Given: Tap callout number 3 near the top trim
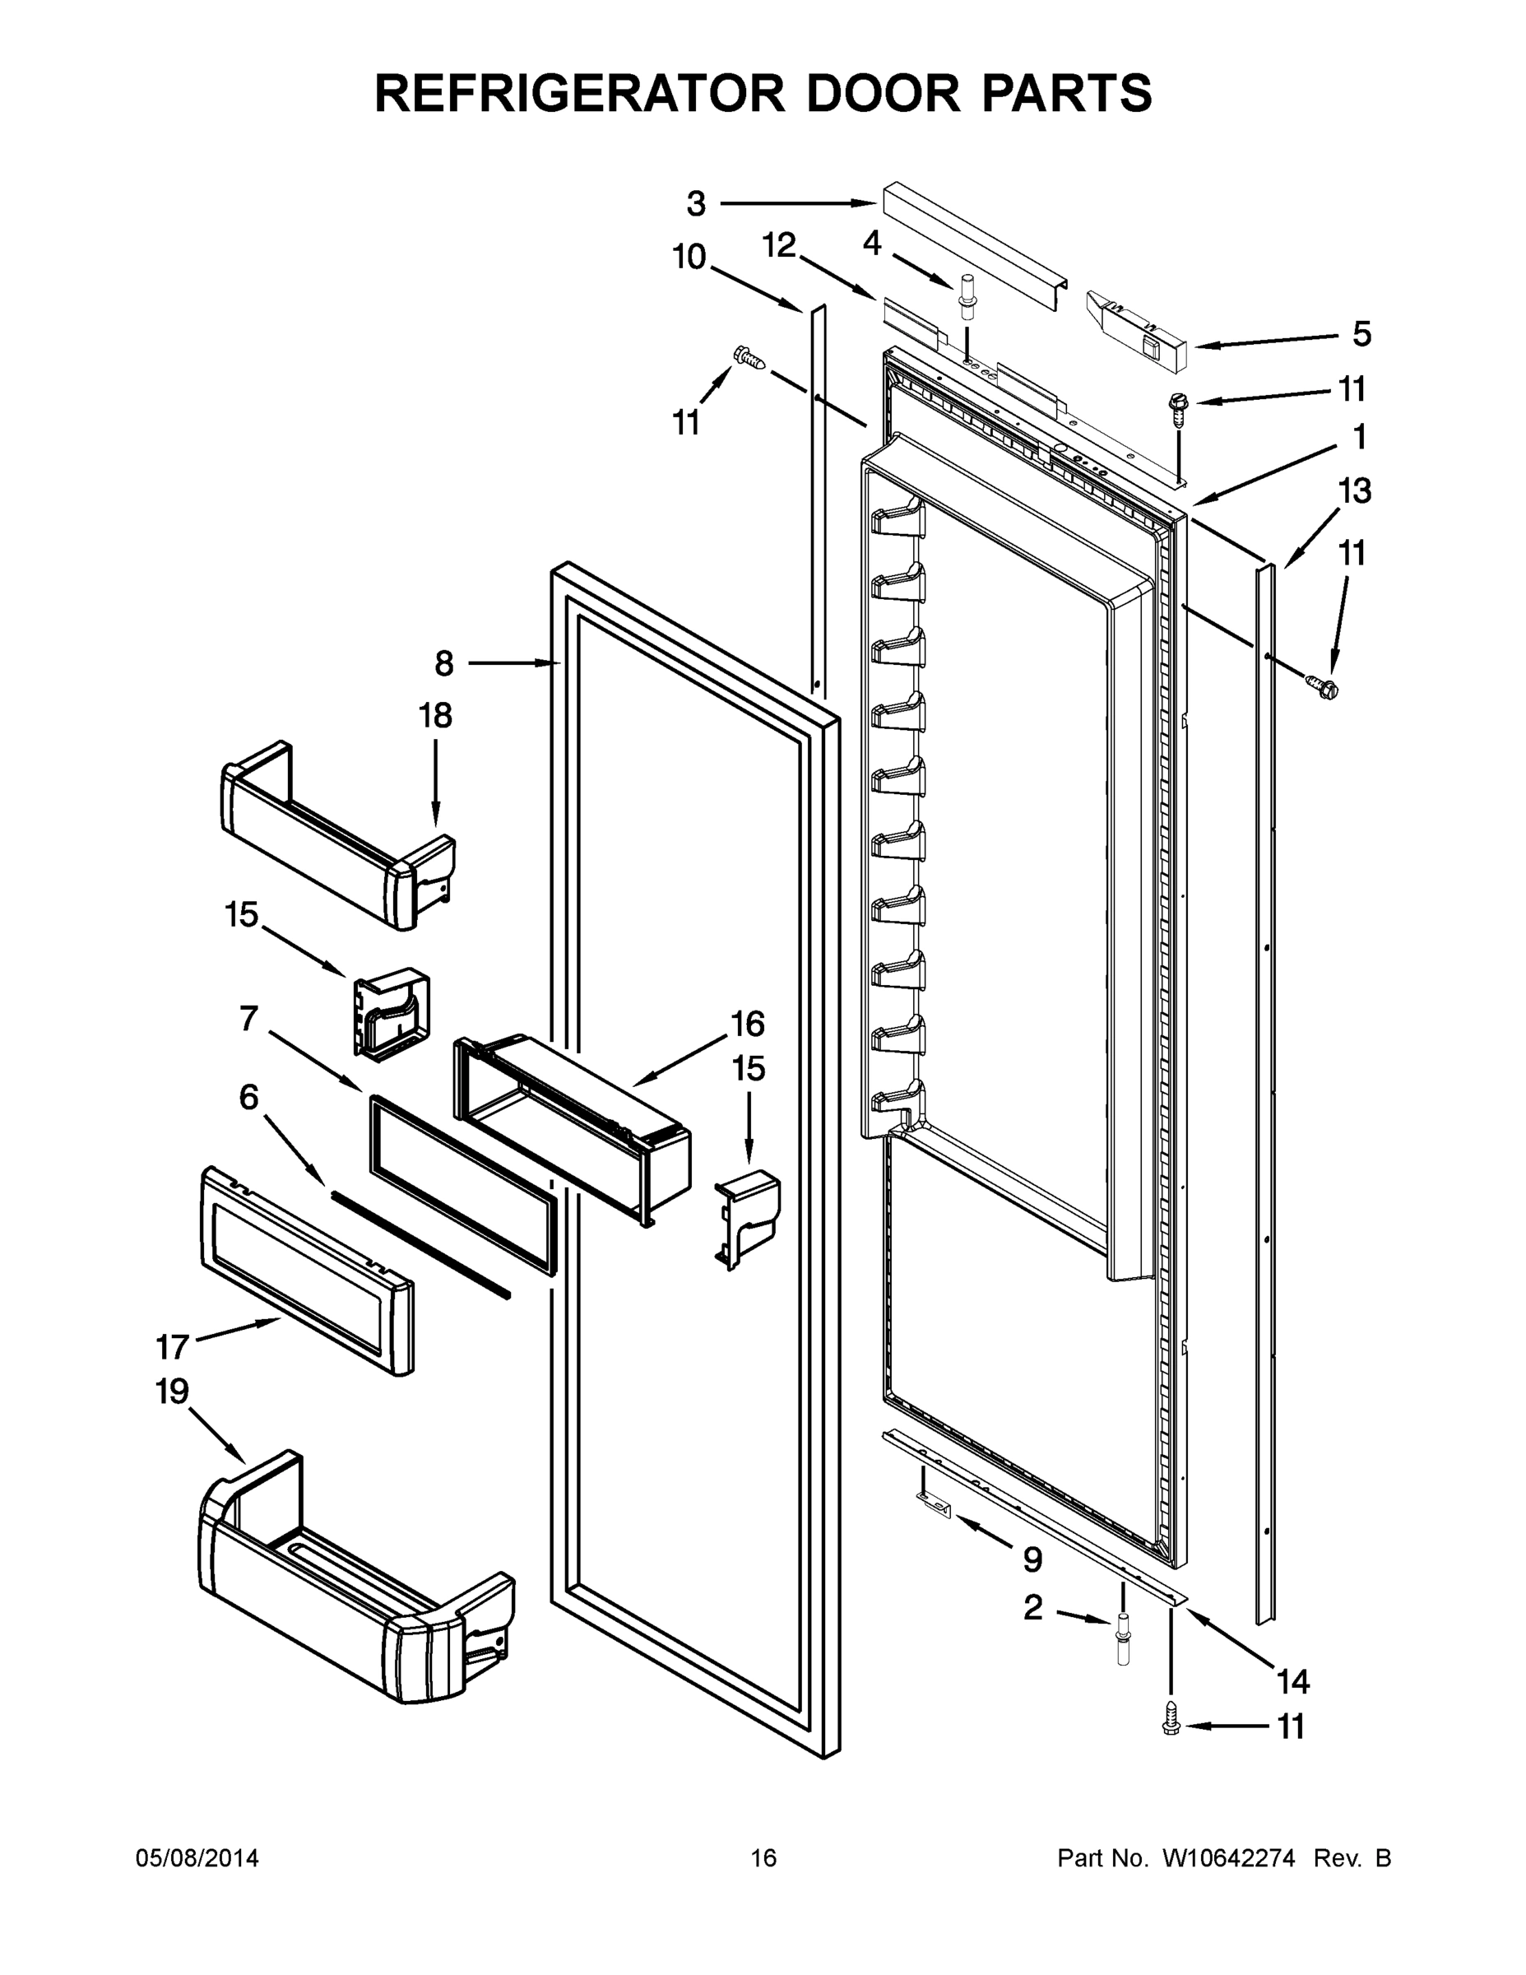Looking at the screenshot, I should (x=695, y=204).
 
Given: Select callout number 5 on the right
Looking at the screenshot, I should (x=1361, y=333).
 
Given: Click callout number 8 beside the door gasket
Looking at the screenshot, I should (x=444, y=664).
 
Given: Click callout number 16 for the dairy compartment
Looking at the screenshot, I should (x=748, y=1024).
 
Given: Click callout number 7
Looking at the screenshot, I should (x=248, y=1018).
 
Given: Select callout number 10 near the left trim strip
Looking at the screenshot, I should (x=689, y=257).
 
